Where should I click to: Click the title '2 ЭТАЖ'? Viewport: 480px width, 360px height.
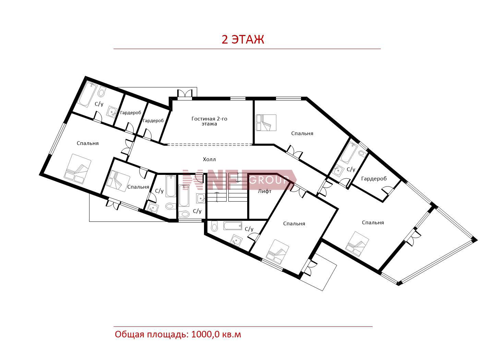pos(243,39)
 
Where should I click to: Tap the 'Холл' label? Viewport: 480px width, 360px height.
pos(209,159)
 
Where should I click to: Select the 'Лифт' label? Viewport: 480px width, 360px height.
pos(265,191)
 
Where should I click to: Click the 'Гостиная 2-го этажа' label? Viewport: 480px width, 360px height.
pos(209,121)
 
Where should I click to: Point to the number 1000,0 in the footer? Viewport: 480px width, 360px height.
pos(205,334)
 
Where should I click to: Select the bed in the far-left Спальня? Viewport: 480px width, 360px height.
pos(77,169)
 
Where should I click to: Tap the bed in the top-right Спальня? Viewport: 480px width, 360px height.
pos(266,123)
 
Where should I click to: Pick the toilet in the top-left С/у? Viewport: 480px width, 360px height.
pos(101,92)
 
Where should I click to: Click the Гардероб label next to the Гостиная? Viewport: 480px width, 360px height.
pos(153,121)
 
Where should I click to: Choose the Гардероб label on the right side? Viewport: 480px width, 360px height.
pos(374,179)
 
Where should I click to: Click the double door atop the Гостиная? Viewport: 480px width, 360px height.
pos(185,94)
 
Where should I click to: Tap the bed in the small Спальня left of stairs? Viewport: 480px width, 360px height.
pos(118,181)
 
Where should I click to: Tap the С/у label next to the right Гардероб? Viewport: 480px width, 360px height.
pos(351,169)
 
